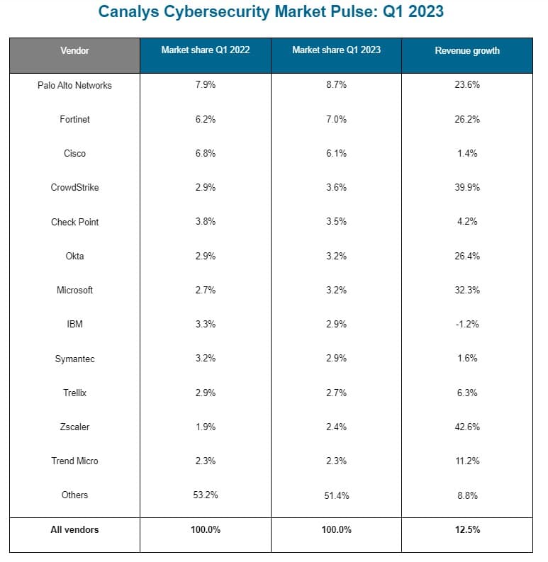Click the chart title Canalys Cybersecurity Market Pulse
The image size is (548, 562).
pos(271,12)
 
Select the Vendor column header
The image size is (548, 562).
pos(74,50)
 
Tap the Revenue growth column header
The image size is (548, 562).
pos(467,50)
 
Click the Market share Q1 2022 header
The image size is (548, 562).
pos(206,50)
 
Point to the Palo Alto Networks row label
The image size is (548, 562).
pos(74,85)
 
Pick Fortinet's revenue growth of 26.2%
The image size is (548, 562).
pos(467,119)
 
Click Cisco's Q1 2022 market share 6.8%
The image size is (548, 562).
pos(206,153)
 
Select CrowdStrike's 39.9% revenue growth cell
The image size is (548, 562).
pos(467,188)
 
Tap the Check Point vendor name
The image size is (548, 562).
pos(74,222)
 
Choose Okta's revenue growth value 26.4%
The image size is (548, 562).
pos(467,256)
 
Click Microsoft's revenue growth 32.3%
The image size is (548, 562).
pos(467,290)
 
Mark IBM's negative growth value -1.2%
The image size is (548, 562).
pos(467,324)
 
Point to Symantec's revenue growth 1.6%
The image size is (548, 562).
pos(467,359)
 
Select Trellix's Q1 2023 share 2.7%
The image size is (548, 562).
pos(336,393)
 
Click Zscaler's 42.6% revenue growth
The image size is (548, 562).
pos(467,427)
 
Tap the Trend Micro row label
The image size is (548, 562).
pos(74,461)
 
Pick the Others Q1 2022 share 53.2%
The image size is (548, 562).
pos(206,495)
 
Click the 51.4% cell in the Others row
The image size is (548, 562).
pos(336,495)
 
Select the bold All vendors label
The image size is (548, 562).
pos(74,530)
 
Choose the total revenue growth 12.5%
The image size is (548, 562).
pos(467,530)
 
